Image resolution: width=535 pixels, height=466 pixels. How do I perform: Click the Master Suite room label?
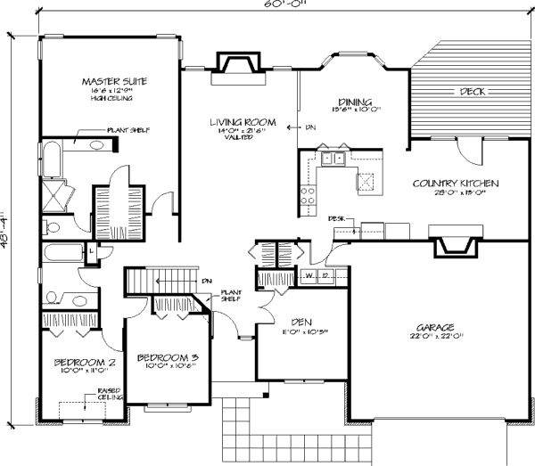tap(114, 82)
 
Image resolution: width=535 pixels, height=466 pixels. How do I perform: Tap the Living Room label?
tap(242, 121)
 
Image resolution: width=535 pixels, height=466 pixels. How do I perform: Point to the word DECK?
tap(472, 92)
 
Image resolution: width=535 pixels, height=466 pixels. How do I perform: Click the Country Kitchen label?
tap(455, 184)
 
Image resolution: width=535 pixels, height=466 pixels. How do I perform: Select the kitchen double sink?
tap(333, 159)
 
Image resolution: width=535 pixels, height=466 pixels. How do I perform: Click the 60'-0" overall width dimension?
tap(267, 6)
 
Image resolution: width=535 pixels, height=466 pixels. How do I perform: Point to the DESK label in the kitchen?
tap(336, 217)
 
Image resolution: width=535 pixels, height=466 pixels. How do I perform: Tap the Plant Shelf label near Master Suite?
tap(128, 130)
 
